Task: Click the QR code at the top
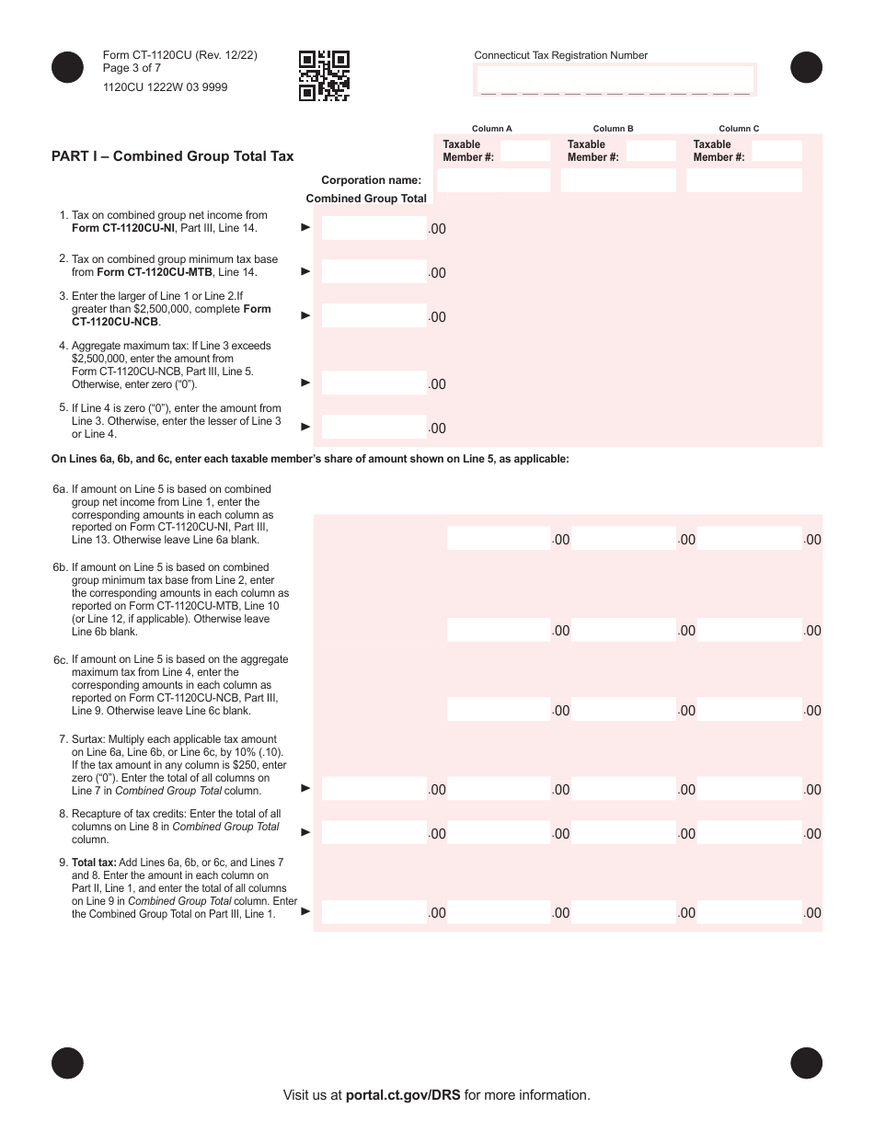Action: tap(324, 75)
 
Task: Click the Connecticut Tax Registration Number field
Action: tap(615, 81)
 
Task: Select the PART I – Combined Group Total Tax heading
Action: tap(173, 156)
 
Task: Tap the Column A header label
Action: tap(492, 129)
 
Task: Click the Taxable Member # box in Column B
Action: tap(650, 151)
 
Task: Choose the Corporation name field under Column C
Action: tap(743, 180)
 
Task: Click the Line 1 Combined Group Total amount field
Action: tap(374, 227)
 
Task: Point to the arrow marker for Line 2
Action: tap(306, 271)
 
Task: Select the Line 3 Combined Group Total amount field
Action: tap(374, 315)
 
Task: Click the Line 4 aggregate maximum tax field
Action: tap(374, 383)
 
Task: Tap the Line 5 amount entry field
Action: tap(374, 427)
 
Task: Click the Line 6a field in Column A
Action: tap(499, 539)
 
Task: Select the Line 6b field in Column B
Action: tap(624, 630)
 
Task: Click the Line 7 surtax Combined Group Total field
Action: tap(374, 788)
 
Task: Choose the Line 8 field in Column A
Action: tap(499, 833)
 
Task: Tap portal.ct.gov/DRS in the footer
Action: tap(403, 1095)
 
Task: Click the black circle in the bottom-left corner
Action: tap(67, 1062)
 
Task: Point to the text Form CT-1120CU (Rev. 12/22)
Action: tap(180, 55)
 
